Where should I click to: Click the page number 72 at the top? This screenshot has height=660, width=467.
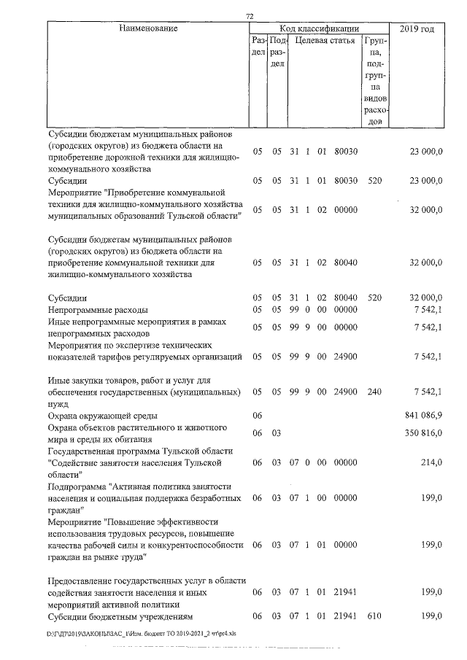tap(249, 16)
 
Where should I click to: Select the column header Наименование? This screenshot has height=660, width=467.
tap(149, 28)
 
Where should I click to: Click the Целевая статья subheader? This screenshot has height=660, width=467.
tap(325, 42)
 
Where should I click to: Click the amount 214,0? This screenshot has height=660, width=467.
tap(431, 463)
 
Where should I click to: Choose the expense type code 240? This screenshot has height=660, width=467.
tap(375, 392)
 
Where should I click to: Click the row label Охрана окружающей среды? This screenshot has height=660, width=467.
tap(99, 414)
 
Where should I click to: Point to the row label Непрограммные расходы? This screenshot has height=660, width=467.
tap(97, 309)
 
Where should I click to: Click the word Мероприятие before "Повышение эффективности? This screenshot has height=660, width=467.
tap(76, 522)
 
